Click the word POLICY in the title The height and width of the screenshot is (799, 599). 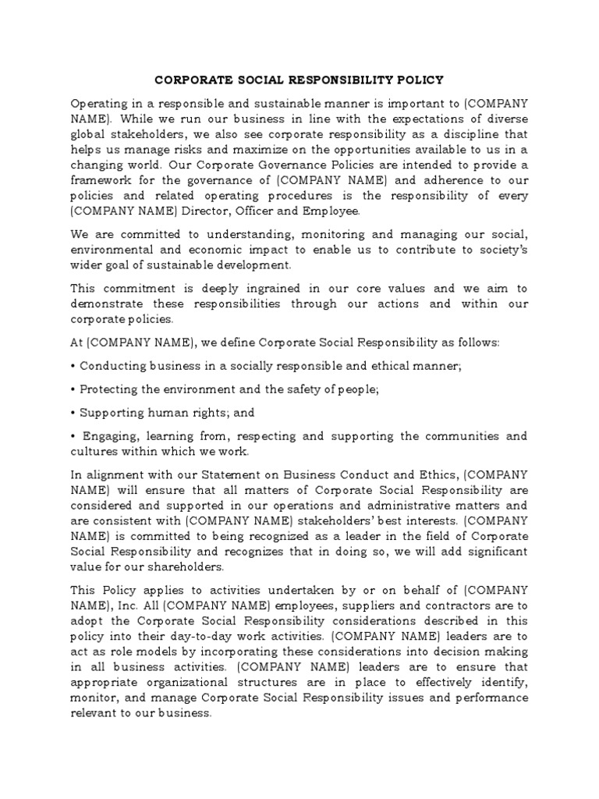419,80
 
